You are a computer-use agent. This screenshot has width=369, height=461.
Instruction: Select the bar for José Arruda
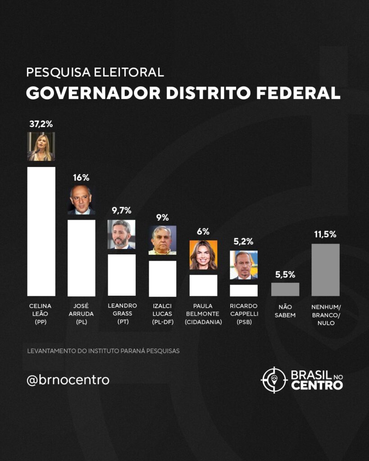[x=81, y=258]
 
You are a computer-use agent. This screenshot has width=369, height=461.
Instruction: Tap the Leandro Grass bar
[x=122, y=275]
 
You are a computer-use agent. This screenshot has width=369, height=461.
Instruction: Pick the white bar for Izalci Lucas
[x=162, y=278]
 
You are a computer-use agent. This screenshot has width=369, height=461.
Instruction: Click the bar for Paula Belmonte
[x=203, y=285]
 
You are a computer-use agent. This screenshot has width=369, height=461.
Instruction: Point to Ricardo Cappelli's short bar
[x=244, y=290]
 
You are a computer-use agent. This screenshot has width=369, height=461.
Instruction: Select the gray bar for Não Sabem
[x=285, y=289]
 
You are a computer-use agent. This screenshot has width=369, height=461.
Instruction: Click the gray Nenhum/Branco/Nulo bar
[x=325, y=270]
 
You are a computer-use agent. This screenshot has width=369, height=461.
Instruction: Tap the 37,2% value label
[x=41, y=124]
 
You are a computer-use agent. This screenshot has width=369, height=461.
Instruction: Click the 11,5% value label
[x=325, y=234]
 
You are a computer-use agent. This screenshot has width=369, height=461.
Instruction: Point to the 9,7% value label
[x=122, y=210]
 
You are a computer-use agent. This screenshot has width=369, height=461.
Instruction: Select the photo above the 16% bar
[x=81, y=200]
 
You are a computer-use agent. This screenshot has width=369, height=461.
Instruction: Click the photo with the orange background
[x=203, y=254]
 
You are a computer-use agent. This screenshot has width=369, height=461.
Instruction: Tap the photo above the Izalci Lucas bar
[x=162, y=240]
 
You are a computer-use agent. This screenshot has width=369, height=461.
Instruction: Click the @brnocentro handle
[x=68, y=380]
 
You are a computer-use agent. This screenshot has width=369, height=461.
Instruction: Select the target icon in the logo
[x=274, y=380]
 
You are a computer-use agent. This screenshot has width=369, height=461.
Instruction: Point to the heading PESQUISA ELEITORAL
[x=95, y=72]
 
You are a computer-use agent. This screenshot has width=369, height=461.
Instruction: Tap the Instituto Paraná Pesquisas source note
[x=103, y=351]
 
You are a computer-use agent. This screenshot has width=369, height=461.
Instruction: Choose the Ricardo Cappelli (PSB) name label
[x=244, y=314]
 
